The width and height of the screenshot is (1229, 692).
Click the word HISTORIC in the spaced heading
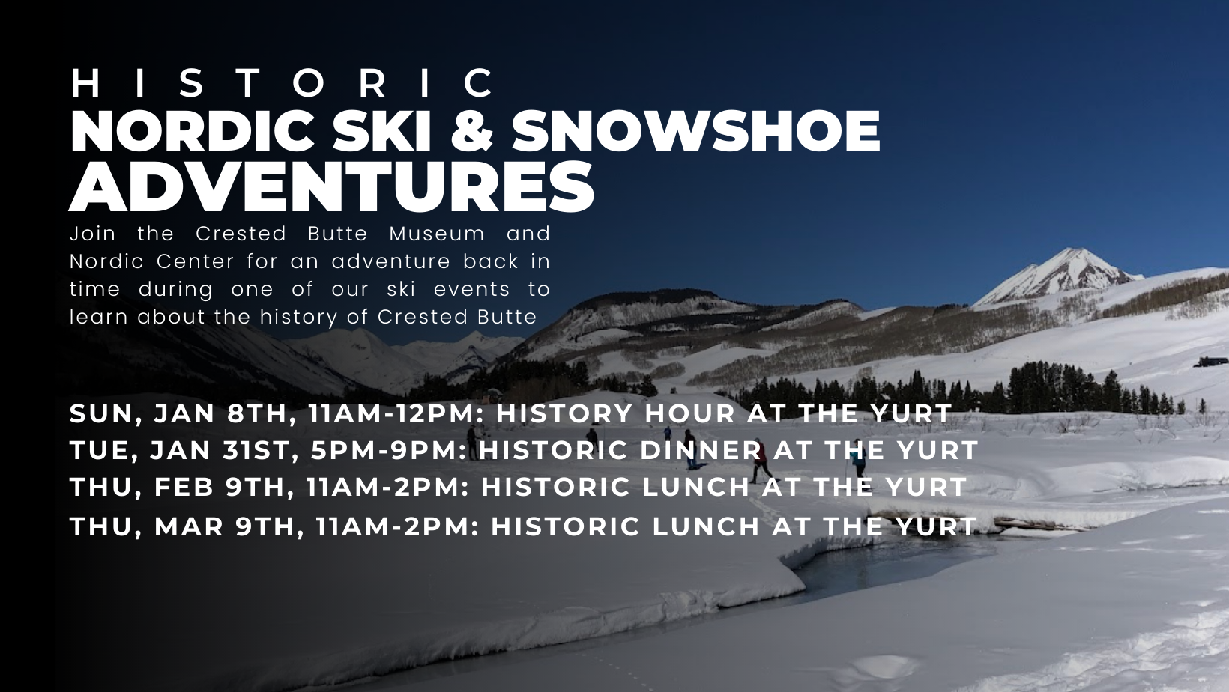[282, 83]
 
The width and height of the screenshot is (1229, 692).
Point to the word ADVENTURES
[331, 186]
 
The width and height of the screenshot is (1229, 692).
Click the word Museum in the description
[437, 234]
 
